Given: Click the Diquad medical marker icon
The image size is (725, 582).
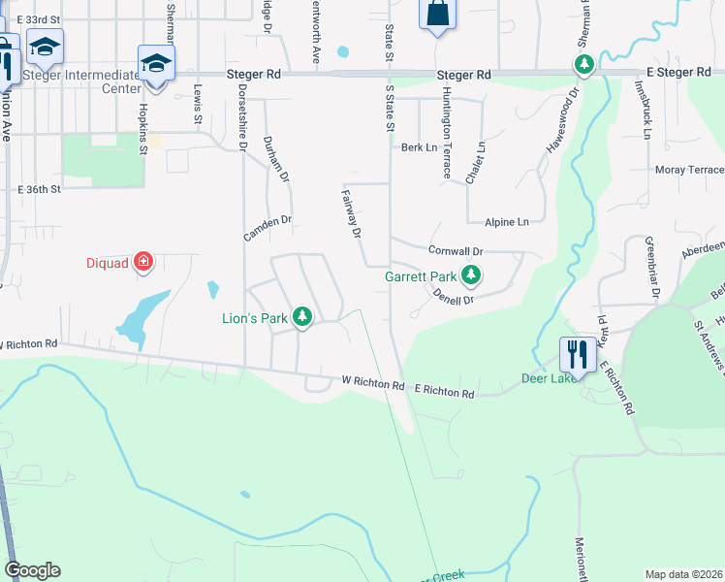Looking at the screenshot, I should [x=143, y=261].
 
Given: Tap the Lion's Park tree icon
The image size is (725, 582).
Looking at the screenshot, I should [x=302, y=316].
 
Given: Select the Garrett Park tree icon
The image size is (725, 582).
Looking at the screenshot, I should [x=471, y=275].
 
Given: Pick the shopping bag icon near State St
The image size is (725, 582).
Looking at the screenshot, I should [x=437, y=14].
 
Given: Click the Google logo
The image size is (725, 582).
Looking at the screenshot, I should [x=32, y=570].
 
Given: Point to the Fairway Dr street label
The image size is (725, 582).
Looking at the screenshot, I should [x=351, y=213].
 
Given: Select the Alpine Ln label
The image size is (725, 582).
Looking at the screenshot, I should [x=507, y=222].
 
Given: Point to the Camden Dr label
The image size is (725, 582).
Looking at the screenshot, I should [x=267, y=229].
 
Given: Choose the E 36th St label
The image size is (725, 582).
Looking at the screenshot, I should [x=39, y=188].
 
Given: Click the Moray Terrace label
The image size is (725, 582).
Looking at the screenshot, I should [x=689, y=170].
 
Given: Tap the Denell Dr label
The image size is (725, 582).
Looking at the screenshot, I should [x=453, y=297].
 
